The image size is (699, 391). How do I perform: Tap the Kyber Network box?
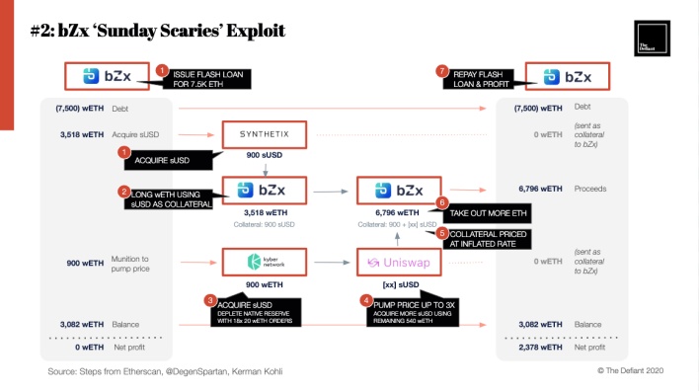[264, 262]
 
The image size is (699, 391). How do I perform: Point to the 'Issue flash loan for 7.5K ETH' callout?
[209, 78]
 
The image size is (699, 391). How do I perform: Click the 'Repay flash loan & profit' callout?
[484, 78]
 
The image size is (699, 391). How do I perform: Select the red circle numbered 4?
[367, 300]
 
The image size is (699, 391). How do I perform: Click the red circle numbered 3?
[209, 300]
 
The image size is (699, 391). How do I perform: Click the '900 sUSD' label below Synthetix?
[264, 157]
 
